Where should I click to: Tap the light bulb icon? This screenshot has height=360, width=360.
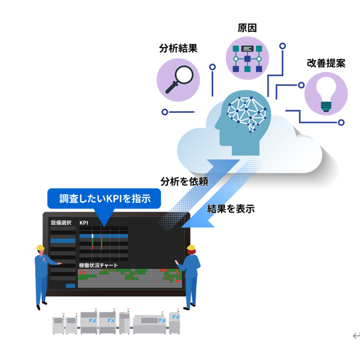point(326,94)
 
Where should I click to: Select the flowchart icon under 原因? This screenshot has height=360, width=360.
point(247,59)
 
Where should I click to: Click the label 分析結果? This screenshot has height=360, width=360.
point(178,48)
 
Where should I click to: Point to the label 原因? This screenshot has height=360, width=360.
point(247,28)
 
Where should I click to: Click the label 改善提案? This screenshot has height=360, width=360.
point(326,63)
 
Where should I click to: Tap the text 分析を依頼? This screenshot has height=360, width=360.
point(184,181)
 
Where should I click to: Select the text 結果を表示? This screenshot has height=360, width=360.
point(231,209)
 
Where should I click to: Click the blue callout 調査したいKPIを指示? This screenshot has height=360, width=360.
point(104,198)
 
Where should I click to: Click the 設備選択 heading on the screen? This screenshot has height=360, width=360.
point(61,222)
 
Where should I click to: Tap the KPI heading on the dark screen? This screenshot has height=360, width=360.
point(84,222)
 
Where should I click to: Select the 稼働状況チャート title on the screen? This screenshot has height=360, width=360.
point(98,265)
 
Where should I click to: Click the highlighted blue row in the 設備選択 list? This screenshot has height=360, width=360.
point(63,241)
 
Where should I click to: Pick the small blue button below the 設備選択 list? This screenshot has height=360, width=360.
point(71,285)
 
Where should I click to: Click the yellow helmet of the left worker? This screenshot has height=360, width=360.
point(41,248)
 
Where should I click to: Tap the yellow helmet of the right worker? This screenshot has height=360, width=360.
point(191,248)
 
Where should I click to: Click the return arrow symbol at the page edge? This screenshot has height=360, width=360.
point(356,336)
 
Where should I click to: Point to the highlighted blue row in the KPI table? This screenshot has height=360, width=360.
point(104,236)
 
